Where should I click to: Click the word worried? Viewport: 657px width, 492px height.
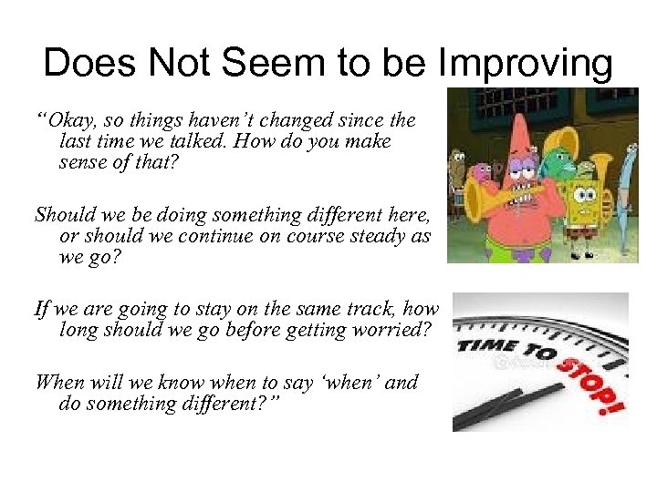[391, 331]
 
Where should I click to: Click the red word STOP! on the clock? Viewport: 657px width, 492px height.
[584, 379]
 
